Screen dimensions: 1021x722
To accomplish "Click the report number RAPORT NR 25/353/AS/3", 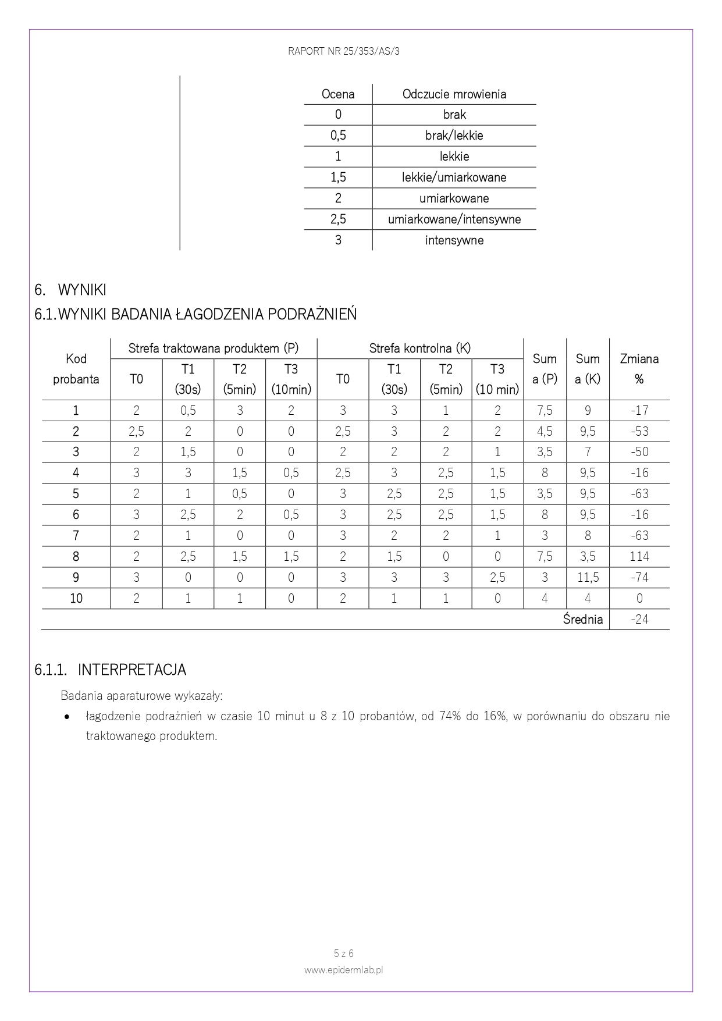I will click(343, 51).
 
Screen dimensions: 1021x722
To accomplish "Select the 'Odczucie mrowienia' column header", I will click(454, 94).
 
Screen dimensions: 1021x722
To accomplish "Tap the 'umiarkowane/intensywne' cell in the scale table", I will click(454, 219).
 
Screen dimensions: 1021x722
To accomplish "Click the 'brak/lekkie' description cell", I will click(454, 136).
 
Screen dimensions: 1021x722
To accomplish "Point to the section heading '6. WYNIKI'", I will click(70, 290).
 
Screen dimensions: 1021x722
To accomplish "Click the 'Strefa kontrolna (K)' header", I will click(419, 348).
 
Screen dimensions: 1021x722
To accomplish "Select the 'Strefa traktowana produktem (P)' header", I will click(213, 348).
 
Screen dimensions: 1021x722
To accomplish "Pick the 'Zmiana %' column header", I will click(639, 369).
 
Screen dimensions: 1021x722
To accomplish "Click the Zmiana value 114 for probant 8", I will click(639, 557).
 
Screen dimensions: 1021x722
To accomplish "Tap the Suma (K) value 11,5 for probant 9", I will click(588, 578).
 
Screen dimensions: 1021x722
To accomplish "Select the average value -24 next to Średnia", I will click(639, 620).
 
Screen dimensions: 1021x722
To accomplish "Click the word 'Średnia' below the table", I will click(582, 620).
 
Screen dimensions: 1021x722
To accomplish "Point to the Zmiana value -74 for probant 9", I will click(639, 578).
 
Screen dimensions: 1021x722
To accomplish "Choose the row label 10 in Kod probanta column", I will click(76, 599).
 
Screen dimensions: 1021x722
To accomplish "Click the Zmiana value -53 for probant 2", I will click(639, 432).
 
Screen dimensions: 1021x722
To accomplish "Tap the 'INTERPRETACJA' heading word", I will click(132, 670).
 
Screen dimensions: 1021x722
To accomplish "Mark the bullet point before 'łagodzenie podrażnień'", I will click(69, 717).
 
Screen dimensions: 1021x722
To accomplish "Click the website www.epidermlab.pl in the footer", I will click(343, 970).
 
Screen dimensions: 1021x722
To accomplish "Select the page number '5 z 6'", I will click(343, 954).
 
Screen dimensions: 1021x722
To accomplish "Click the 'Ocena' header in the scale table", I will click(338, 94).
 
